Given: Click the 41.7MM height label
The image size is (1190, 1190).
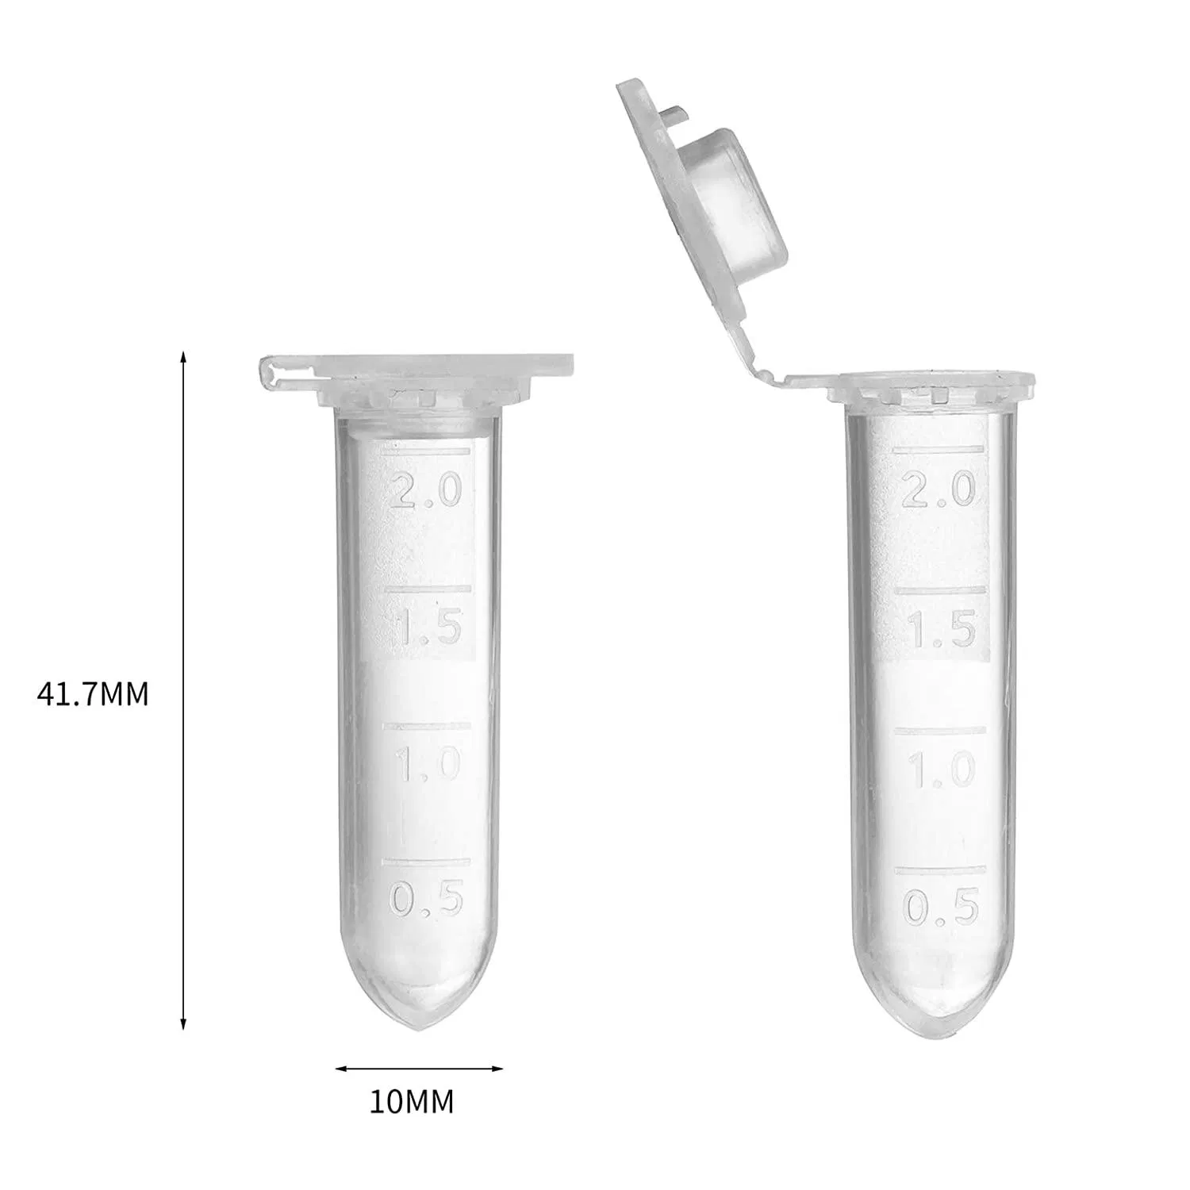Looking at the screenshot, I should pyautogui.click(x=93, y=694).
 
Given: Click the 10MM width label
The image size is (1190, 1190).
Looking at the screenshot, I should pyautogui.click(x=412, y=1102).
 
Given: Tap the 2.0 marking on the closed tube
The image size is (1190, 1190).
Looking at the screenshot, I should pyautogui.click(x=426, y=492).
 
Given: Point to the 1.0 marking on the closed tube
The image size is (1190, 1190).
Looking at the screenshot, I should pyautogui.click(x=427, y=764).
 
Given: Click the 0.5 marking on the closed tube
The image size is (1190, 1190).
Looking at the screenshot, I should pyautogui.click(x=426, y=900).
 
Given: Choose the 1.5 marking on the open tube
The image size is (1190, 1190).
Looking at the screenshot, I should pyautogui.click(x=941, y=630).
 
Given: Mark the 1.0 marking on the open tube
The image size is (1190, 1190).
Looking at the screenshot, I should pyautogui.click(x=941, y=770).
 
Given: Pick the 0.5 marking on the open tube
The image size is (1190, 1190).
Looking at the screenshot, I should pyautogui.click(x=941, y=907).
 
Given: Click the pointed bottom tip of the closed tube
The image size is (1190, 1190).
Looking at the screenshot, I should pyautogui.click(x=420, y=1027).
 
